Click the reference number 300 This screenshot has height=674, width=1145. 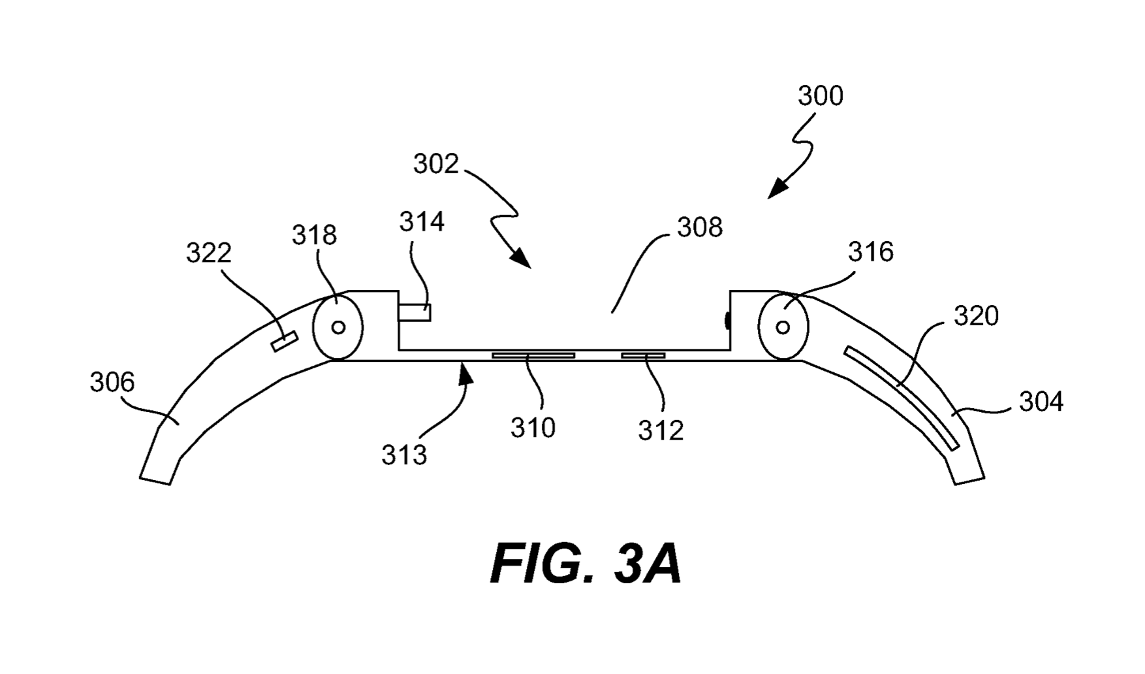tap(820, 96)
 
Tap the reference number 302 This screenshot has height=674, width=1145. tap(435, 164)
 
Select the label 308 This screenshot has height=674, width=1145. tap(699, 227)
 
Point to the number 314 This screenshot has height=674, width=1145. tap(422, 222)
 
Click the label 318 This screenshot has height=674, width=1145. tap(314, 235)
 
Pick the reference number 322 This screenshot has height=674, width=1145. tap(208, 253)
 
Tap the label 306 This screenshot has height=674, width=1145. tap(112, 382)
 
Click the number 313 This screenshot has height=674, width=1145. tap(404, 455)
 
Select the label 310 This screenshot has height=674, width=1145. tap(533, 428)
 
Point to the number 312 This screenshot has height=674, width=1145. tap(661, 430)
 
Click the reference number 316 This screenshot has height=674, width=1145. tap(870, 251)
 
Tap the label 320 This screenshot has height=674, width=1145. tap(976, 316)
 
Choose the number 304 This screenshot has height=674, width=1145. tap(1041, 402)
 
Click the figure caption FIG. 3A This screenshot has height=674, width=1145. tap(586, 564)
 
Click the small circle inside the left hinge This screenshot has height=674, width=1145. tap(338, 327)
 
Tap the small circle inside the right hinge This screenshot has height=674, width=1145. tap(783, 327)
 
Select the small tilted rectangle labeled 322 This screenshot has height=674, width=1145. tap(285, 341)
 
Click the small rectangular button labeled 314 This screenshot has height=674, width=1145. tap(415, 312)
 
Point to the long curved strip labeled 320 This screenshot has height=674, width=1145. tap(902, 398)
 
